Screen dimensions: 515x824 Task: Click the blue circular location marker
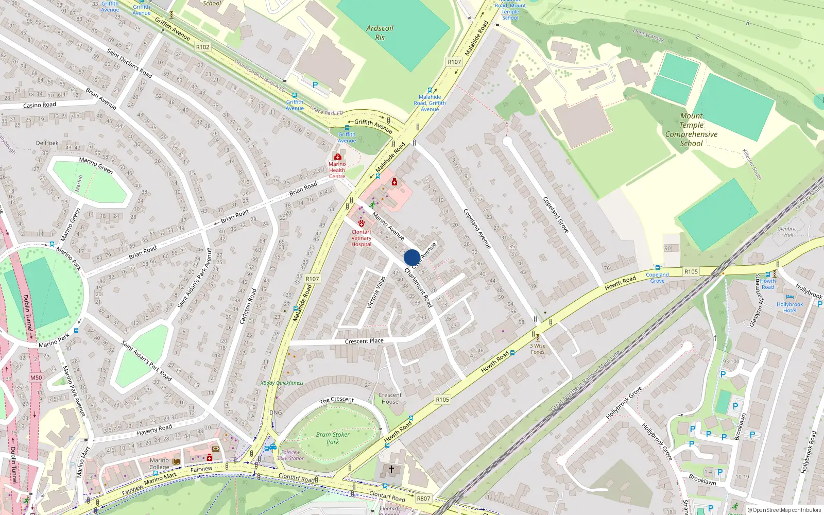(x=411, y=257)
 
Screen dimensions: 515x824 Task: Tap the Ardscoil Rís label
(x=380, y=32)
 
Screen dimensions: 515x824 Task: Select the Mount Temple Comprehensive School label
(x=691, y=130)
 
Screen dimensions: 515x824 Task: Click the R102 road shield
(x=203, y=47)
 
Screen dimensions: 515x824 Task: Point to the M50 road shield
(x=36, y=377)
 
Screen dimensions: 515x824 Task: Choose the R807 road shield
(x=423, y=499)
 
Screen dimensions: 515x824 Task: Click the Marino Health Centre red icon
(x=337, y=157)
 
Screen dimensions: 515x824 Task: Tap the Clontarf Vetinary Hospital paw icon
(x=362, y=224)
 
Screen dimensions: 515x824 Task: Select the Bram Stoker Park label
(x=333, y=438)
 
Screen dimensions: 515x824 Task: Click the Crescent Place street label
(x=364, y=341)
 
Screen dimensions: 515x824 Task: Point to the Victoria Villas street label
(x=376, y=293)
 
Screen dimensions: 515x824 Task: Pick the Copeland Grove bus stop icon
(x=657, y=268)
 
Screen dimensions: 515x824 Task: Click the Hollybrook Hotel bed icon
(x=789, y=297)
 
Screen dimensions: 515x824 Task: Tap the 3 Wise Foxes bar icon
(x=538, y=338)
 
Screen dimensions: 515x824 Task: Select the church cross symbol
(x=391, y=469)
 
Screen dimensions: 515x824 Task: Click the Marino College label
(x=159, y=463)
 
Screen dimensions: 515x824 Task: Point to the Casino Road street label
(x=40, y=105)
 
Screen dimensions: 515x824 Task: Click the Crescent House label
(x=390, y=398)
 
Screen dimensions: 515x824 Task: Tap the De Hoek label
(x=47, y=143)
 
